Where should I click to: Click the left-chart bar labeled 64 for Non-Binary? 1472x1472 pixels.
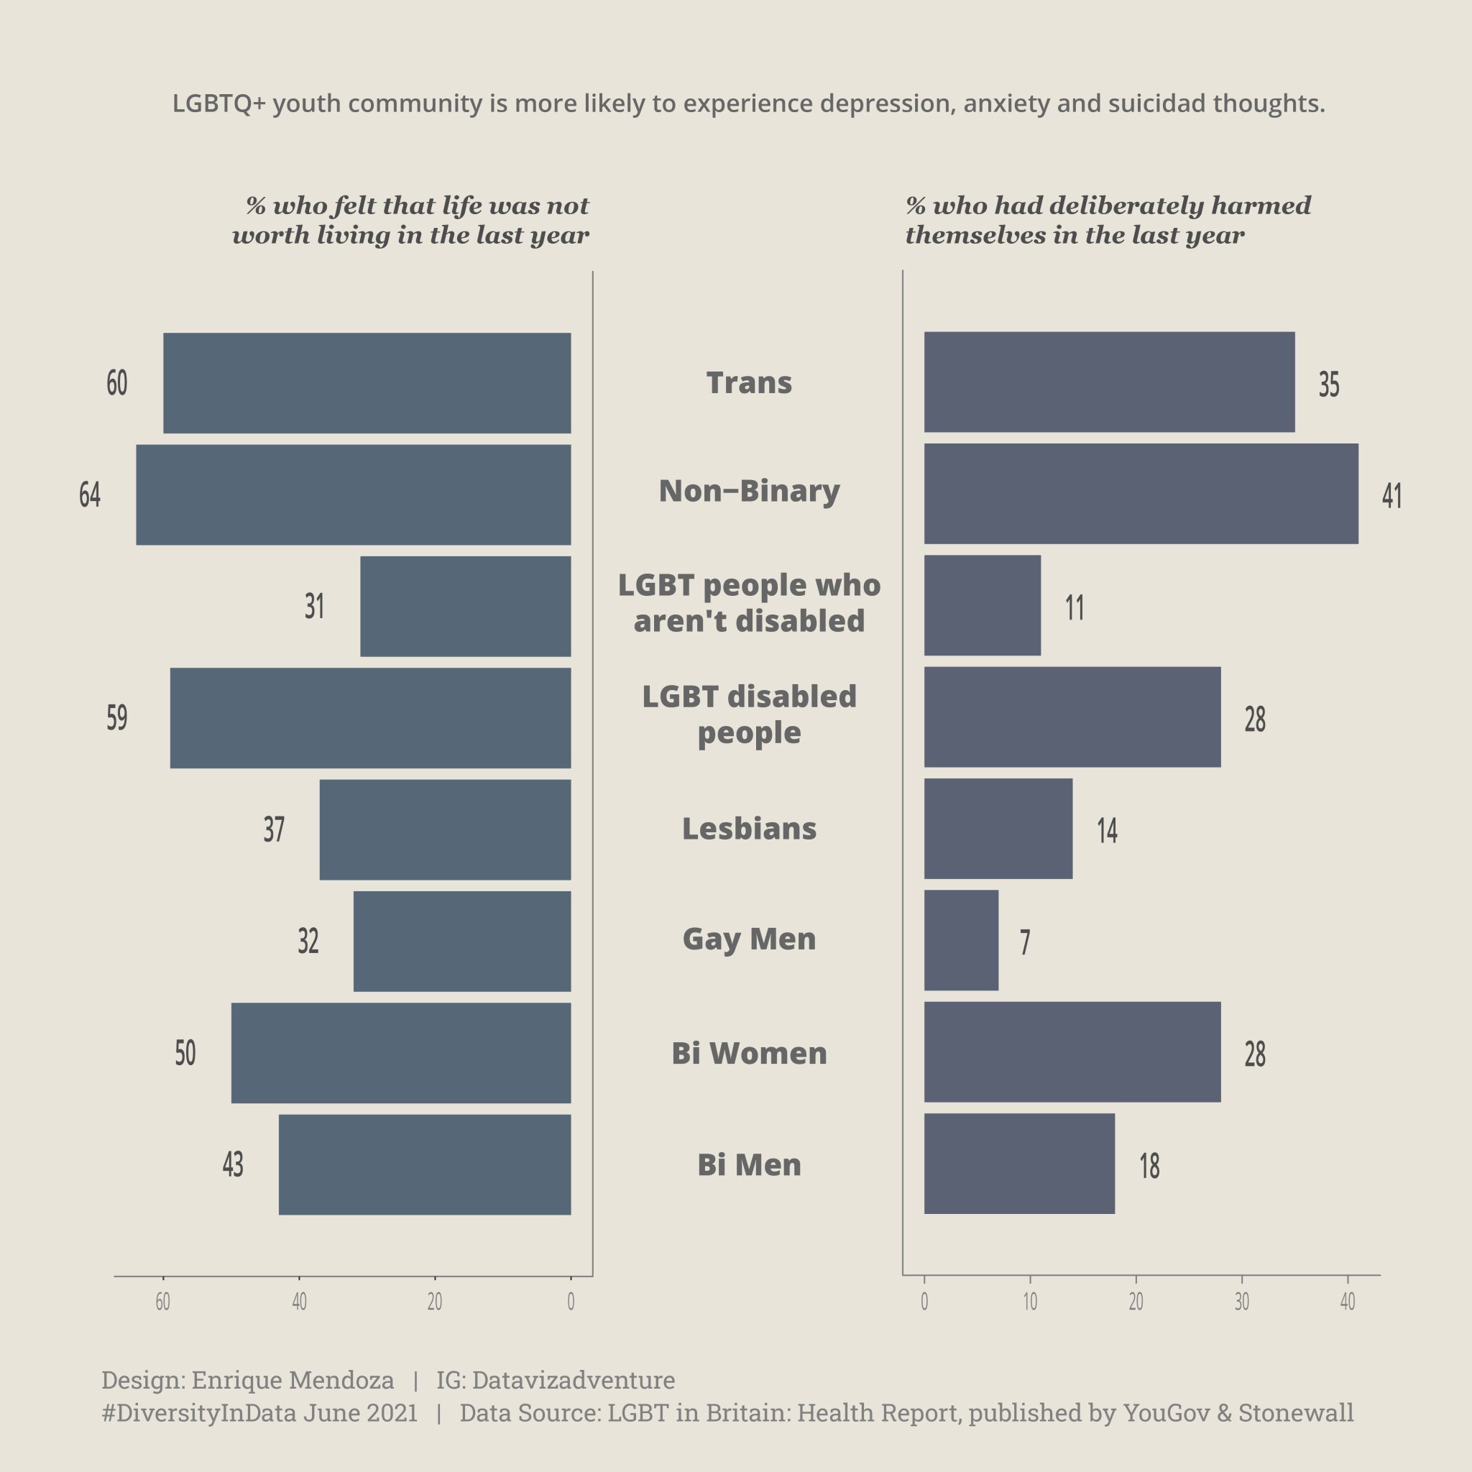click(354, 494)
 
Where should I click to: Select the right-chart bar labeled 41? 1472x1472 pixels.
click(1141, 494)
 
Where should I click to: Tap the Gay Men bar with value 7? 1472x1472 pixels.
click(961, 940)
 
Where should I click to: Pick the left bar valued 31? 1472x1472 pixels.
click(466, 606)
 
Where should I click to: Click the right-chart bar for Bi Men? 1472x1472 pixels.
click(1019, 1164)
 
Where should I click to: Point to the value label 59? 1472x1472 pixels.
click(116, 718)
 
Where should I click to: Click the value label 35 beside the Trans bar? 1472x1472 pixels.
click(1329, 384)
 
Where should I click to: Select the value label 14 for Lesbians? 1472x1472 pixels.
click(1107, 829)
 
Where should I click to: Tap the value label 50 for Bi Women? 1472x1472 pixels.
click(185, 1053)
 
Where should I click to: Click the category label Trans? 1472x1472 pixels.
click(749, 382)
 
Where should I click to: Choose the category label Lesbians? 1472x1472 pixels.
click(749, 828)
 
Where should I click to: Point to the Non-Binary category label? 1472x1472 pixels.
click(749, 492)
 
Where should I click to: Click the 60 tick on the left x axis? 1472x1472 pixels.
click(163, 1302)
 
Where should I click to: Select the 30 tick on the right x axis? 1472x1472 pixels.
click(1242, 1302)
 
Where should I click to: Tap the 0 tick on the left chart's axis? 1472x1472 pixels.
click(571, 1302)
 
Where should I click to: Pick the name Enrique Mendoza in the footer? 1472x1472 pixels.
click(293, 1380)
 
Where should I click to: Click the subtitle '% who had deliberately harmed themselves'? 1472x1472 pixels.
click(1108, 220)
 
